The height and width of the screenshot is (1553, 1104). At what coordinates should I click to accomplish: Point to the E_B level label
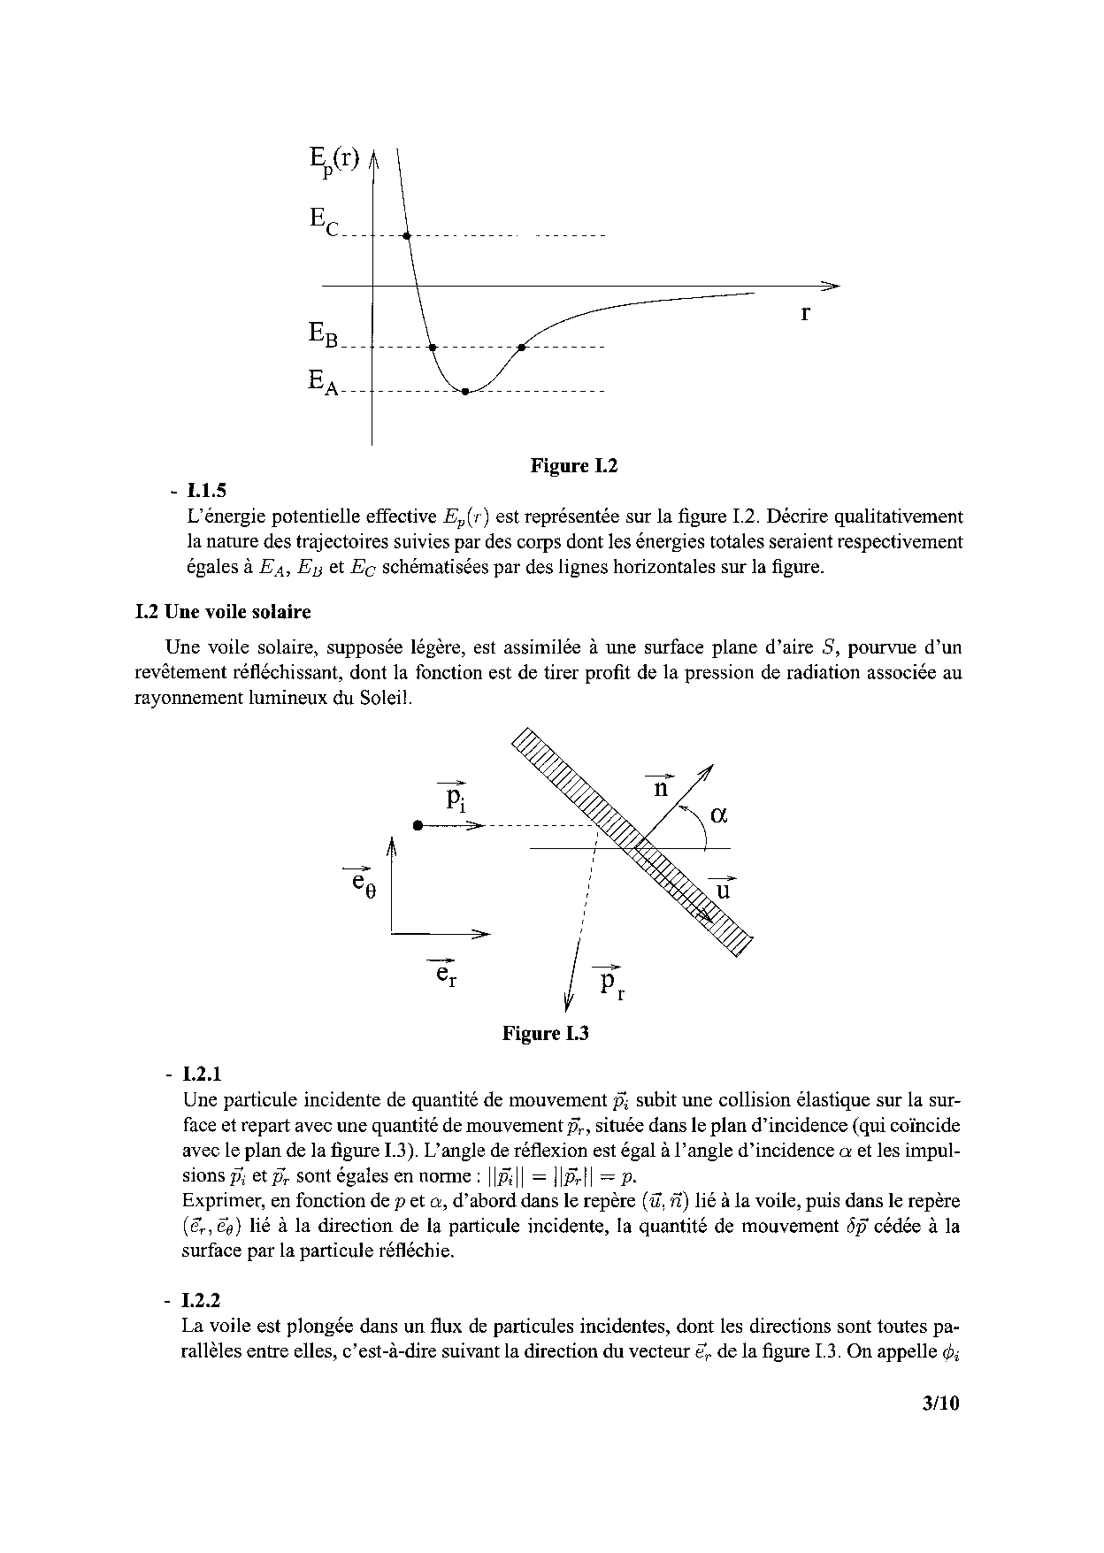pos(323,334)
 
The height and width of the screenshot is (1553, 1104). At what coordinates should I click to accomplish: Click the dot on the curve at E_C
pos(406,236)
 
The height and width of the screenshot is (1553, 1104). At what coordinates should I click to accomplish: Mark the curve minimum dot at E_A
pos(465,391)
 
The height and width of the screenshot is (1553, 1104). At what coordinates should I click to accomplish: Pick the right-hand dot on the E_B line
pos(522,347)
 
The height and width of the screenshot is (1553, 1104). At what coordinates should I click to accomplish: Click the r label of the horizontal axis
pos(805,313)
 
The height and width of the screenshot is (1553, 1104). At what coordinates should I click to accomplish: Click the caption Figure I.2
pos(573,466)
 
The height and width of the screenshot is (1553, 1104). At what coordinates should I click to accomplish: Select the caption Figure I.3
pos(545,1033)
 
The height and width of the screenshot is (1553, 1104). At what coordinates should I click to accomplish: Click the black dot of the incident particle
pos(417,825)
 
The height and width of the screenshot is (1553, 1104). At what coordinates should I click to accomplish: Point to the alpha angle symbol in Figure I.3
pos(718,815)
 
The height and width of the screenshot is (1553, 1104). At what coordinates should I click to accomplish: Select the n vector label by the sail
pos(661,785)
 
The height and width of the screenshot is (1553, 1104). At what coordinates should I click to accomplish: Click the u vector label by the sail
pos(723,888)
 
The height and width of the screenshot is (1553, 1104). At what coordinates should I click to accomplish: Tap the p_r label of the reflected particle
pos(610,983)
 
